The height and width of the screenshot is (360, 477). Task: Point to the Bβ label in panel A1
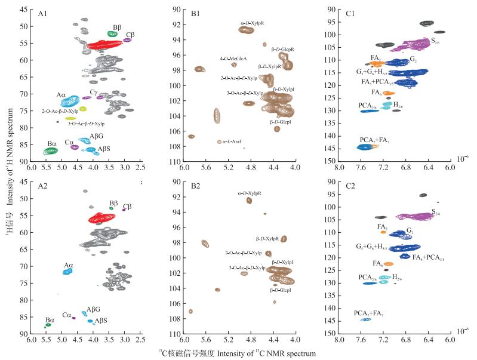[x=117, y=27]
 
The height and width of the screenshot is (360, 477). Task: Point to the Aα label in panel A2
[x=68, y=265]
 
